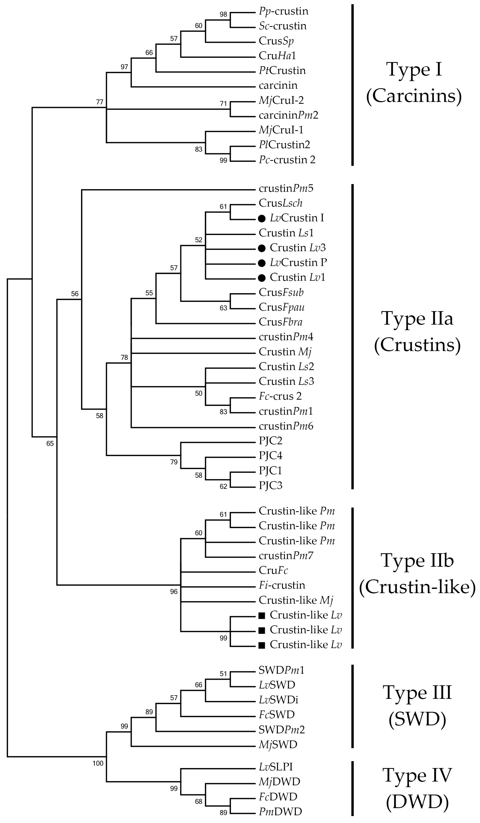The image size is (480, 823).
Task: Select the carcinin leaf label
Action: (278, 86)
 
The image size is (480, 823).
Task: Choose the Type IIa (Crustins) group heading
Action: (417, 332)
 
